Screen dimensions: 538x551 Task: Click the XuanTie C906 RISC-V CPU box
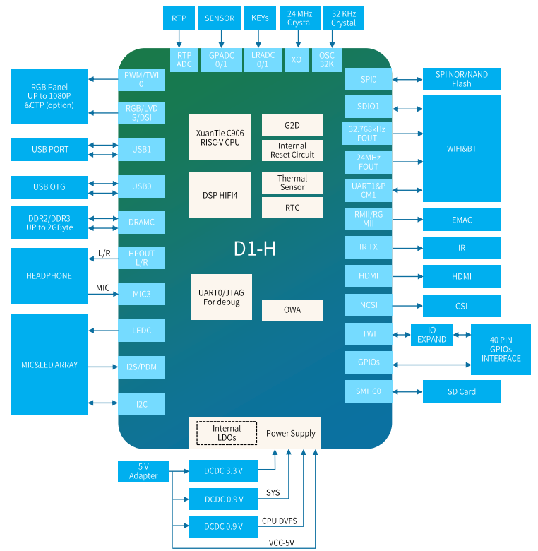point(220,138)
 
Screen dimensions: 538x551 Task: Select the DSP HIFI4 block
point(220,195)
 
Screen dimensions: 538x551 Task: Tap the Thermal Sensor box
point(292,183)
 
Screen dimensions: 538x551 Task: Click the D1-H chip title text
point(255,249)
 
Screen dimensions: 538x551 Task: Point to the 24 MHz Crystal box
point(300,18)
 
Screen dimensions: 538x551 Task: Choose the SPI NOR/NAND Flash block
point(462,79)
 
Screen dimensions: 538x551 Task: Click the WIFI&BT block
point(462,148)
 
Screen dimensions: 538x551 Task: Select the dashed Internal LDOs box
point(227,433)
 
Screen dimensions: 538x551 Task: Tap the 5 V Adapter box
point(143,471)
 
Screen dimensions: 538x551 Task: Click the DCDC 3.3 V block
point(224,471)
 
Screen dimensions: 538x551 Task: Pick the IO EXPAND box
point(432,335)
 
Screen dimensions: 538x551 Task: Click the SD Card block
point(462,391)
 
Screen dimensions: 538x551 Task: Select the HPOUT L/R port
point(141,258)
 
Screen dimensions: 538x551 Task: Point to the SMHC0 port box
point(369,391)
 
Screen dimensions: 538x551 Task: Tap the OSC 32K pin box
point(327,60)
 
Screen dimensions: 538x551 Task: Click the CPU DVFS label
point(280,521)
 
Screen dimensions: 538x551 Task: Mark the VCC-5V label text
point(281,543)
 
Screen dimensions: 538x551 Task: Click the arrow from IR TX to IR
point(407,248)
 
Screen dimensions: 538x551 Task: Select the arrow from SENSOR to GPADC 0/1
point(221,39)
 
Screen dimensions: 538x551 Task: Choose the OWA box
point(292,310)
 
